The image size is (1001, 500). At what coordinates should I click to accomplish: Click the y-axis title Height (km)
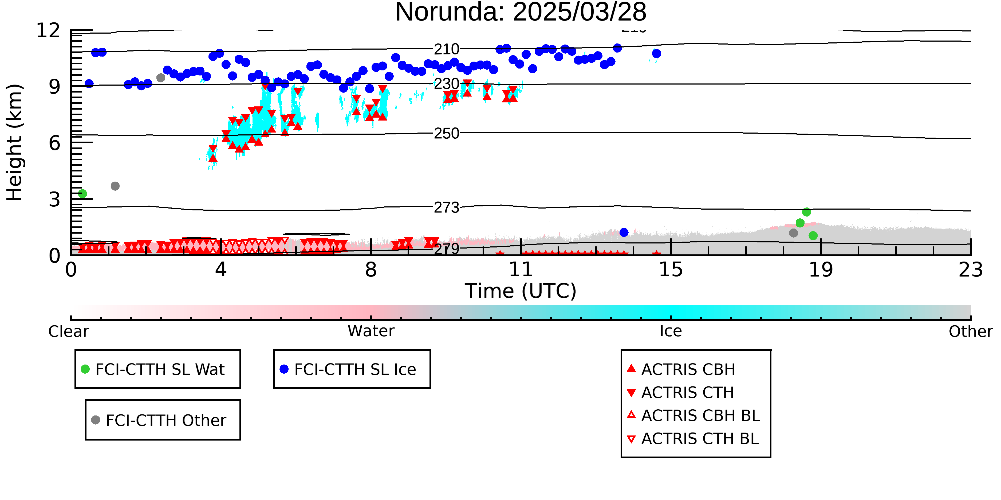(14, 142)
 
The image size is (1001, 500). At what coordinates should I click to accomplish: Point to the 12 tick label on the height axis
(48, 30)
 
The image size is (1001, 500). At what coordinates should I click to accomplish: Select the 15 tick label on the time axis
(671, 269)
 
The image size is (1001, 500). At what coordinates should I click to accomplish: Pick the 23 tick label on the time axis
(971, 269)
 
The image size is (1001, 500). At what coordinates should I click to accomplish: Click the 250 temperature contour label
(447, 134)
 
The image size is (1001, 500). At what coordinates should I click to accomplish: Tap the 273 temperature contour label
(447, 208)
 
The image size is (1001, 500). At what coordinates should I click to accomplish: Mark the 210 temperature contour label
(447, 49)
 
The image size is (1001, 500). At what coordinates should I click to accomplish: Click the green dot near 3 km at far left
(82, 194)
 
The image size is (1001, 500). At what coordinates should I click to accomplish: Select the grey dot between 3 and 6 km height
(115, 186)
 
